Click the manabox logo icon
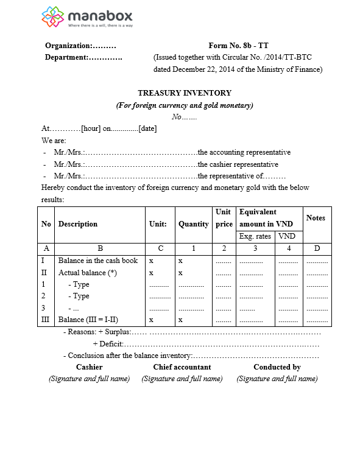click(53, 18)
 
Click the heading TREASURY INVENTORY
click(185, 93)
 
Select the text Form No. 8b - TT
click(238, 46)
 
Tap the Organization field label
click(69, 46)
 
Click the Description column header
click(78, 224)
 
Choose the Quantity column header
click(193, 224)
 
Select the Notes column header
click(316, 218)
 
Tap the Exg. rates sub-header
click(255, 236)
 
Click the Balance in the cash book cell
click(98, 261)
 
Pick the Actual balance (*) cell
click(88, 273)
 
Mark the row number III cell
click(46, 319)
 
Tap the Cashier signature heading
click(89, 367)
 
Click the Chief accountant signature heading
click(182, 367)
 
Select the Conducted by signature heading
click(277, 367)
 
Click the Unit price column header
click(224, 218)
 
